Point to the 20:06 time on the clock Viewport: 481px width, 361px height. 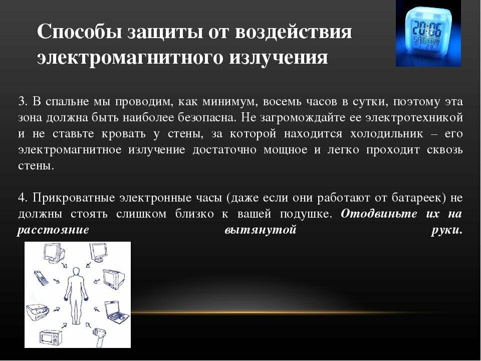pyautogui.click(x=427, y=29)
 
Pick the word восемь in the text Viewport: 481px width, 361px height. pyautogui.click(x=282, y=102)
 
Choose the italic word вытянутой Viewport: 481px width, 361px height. pyautogui.click(x=261, y=230)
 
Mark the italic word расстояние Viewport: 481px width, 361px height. pyautogui.click(x=54, y=230)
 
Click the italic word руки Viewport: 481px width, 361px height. pyautogui.click(x=446, y=230)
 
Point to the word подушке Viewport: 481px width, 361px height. pyautogui.click(x=306, y=214)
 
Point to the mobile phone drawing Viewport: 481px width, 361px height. pyautogui.click(x=42, y=277)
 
